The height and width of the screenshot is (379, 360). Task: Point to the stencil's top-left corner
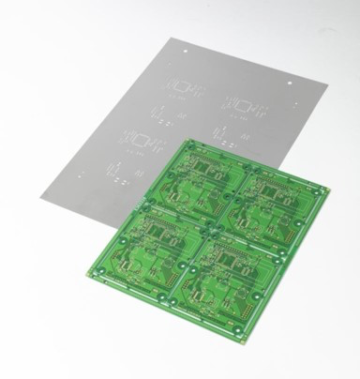(168, 38)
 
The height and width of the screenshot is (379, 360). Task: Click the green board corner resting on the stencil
(187, 138)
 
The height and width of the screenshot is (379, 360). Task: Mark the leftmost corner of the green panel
(84, 271)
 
